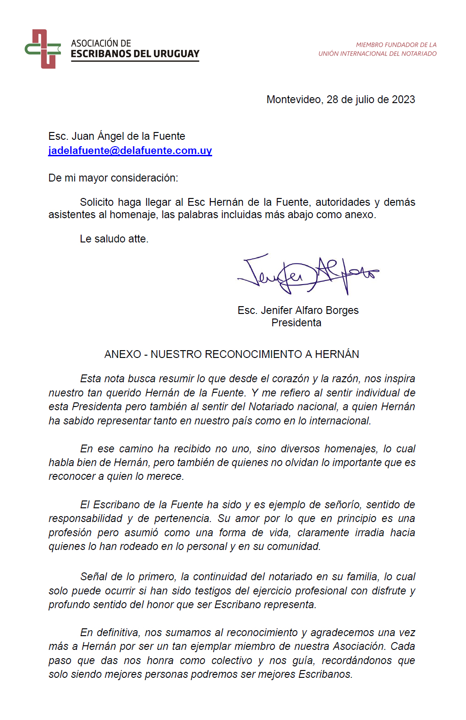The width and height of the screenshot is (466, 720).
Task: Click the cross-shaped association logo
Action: point(43,49)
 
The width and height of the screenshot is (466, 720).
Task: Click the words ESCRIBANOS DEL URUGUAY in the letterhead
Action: point(135,54)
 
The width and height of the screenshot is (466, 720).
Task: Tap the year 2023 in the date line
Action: point(403,99)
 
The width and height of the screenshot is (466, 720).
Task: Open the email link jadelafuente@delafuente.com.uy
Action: point(130,150)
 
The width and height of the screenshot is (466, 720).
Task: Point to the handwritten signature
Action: point(307,274)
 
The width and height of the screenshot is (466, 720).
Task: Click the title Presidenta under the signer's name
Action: point(296,323)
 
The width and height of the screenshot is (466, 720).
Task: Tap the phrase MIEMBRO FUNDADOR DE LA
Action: point(396,45)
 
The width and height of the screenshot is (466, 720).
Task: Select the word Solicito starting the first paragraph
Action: point(96,202)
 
